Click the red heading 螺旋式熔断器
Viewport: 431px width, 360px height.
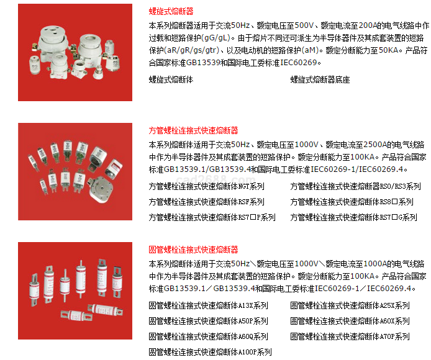(171, 11)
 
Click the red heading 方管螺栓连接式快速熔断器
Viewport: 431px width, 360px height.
(193, 130)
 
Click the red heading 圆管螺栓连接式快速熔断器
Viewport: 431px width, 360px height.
(193, 250)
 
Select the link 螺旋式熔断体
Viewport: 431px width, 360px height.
(171, 79)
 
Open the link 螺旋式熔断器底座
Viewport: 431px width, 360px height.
(320, 79)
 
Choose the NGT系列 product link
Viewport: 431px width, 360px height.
(206, 186)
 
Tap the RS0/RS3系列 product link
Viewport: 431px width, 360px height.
(355, 186)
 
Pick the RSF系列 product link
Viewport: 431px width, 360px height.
(206, 202)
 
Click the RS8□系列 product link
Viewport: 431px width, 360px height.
(352, 202)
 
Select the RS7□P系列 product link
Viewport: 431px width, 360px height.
(212, 217)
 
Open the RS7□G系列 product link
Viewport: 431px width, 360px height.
(354, 217)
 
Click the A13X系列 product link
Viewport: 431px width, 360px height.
(208, 305)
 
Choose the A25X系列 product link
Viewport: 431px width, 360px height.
(350, 305)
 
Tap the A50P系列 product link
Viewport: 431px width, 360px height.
(208, 321)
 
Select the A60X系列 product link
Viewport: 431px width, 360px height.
(350, 321)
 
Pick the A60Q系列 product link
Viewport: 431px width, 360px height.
(208, 336)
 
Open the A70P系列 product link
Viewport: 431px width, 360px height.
(350, 336)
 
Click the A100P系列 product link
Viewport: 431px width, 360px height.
(211, 352)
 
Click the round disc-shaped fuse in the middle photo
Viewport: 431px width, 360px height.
(101, 189)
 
